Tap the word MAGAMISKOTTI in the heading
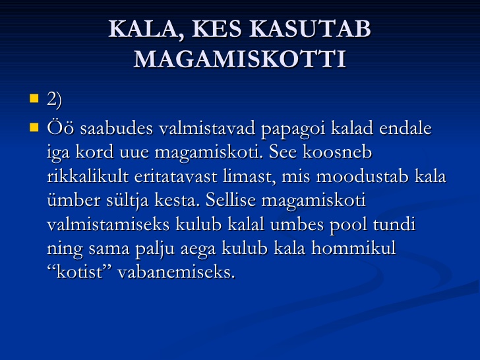pyautogui.click(x=240, y=59)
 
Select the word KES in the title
pyautogui.click(x=216, y=29)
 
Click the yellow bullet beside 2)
pyautogui.click(x=34, y=98)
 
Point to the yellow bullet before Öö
pyautogui.click(x=34, y=127)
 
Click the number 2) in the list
pyautogui.click(x=55, y=99)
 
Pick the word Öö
pyautogui.click(x=60, y=128)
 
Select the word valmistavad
pyautogui.click(x=207, y=128)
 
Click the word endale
pyautogui.click(x=405, y=128)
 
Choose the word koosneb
pyautogui.click(x=338, y=152)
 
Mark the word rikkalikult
pyautogui.click(x=88, y=176)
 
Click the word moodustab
pyautogui.click(x=362, y=176)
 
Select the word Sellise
pyautogui.click(x=231, y=200)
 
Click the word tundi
pyautogui.click(x=394, y=224)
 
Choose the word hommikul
pyautogui.click(x=353, y=249)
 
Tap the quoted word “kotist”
pyautogui.click(x=79, y=272)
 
